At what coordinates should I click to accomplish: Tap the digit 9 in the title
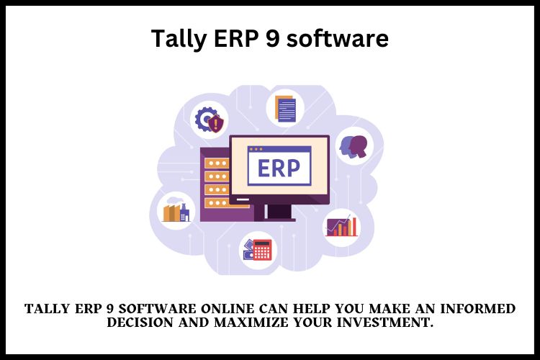point(272,38)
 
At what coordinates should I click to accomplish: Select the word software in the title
point(338,38)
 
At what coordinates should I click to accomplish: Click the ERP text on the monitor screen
point(279,168)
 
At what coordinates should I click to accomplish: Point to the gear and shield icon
point(209,120)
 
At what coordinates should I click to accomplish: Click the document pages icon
point(286,109)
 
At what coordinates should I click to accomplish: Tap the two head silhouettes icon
point(354,146)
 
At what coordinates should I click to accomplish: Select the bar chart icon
point(342,225)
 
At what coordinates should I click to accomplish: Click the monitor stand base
point(275,219)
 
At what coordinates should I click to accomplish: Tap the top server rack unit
point(217,163)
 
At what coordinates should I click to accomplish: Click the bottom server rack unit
point(217,203)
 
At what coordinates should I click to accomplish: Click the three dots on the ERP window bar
point(256,150)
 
